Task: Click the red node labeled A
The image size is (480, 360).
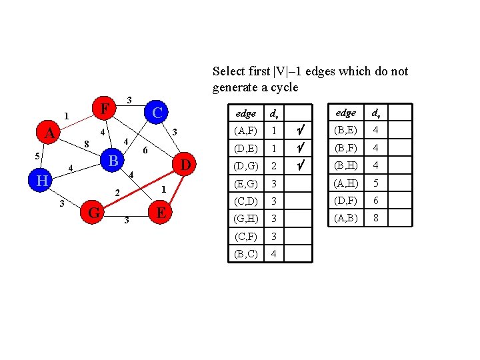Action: [49, 133]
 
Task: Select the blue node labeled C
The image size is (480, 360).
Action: [157, 113]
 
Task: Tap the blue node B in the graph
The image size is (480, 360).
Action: [114, 161]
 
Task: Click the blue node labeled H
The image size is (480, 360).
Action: [41, 181]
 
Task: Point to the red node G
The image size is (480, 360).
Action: [94, 213]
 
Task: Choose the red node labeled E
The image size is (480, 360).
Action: [161, 213]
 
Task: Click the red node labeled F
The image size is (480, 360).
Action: [103, 107]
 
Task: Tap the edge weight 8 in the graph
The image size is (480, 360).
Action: [86, 143]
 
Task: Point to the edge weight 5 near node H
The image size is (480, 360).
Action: [37, 156]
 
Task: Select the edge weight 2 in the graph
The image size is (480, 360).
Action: [117, 193]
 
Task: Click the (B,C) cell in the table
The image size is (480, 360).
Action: [243, 253]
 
